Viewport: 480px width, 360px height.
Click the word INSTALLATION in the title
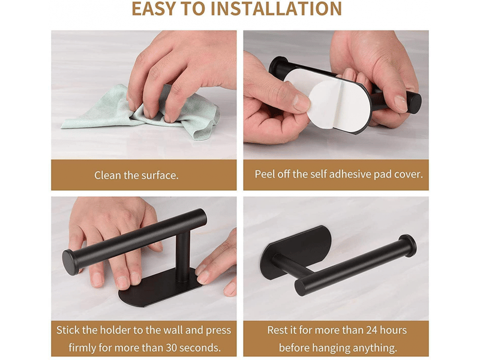277,8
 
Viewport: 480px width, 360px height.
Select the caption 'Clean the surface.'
136,175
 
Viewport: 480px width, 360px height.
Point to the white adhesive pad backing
340,101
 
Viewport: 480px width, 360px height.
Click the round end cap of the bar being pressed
70,262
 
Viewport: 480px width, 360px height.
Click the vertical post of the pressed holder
183,257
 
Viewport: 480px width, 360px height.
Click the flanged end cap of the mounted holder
409,246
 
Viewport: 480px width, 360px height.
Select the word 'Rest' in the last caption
278,330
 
